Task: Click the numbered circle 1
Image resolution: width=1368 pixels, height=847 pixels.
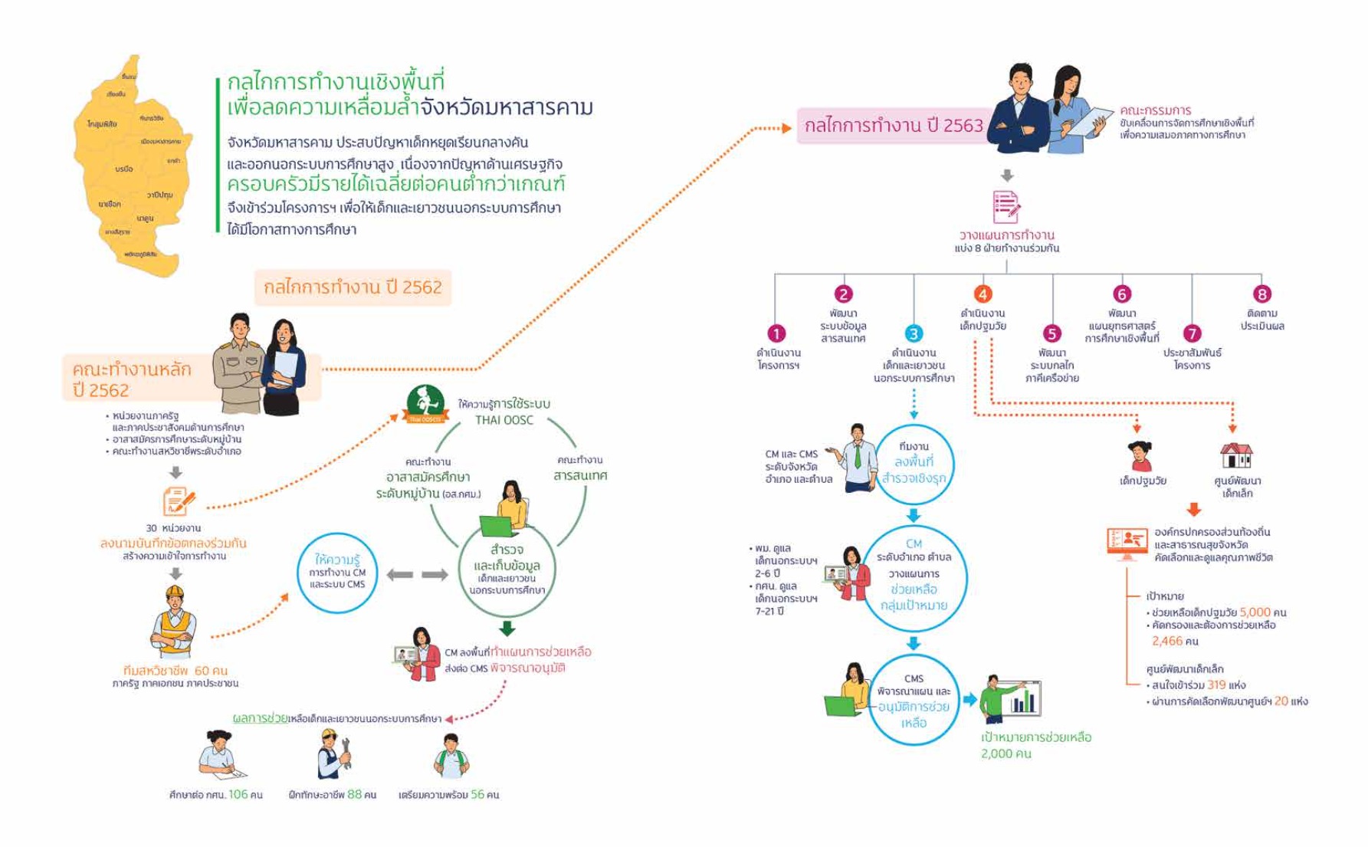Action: (776, 333)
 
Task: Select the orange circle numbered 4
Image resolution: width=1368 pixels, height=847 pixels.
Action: (983, 294)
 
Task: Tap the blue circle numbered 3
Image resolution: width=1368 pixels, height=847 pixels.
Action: (914, 333)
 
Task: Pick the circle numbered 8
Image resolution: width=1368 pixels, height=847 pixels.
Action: (1261, 294)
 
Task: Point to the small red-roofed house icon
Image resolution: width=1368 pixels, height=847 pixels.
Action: (1235, 456)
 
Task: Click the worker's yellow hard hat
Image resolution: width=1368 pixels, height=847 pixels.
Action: (176, 593)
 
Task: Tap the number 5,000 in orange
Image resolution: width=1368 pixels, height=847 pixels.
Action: (1255, 612)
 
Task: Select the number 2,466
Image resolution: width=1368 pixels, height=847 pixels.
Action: (1168, 641)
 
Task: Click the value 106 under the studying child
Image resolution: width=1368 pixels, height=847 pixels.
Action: (238, 795)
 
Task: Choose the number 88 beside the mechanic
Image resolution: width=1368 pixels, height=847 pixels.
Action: (354, 795)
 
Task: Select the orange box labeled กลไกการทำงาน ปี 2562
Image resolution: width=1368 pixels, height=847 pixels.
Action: (353, 287)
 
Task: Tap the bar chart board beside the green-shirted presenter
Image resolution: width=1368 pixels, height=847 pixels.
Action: (1022, 699)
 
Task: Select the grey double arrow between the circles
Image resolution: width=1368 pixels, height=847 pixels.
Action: (417, 575)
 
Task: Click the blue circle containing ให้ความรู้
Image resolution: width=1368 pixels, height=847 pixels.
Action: (337, 573)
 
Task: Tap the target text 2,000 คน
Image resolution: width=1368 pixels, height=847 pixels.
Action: (1005, 754)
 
